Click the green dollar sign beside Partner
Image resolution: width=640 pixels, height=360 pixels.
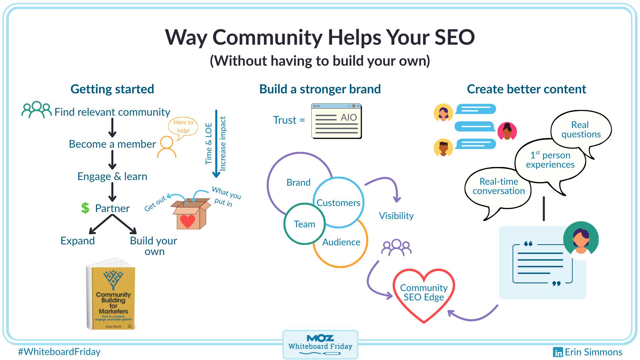[x=85, y=208]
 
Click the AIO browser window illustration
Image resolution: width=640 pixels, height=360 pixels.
[x=336, y=121]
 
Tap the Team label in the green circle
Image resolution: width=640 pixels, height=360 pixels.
[x=304, y=224]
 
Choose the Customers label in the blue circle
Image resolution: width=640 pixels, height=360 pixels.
[x=338, y=203]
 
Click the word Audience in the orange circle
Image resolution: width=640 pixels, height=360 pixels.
[x=341, y=242]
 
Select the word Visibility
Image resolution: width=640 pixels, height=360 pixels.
[x=396, y=216]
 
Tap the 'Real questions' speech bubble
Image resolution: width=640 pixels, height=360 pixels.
[x=581, y=130]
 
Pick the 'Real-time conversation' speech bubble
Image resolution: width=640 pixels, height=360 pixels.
[x=498, y=187]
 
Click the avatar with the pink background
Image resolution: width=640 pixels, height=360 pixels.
[x=507, y=131]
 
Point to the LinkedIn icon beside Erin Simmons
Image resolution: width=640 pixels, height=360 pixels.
[x=558, y=352]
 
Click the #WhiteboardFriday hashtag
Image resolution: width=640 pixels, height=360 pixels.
[x=59, y=352]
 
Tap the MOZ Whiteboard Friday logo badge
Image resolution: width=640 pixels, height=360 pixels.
[x=320, y=344]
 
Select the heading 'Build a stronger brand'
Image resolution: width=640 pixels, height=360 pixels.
[x=320, y=89]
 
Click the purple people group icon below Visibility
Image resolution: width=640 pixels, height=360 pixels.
[x=396, y=247]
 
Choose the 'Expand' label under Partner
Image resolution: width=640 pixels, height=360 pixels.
[x=78, y=241]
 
